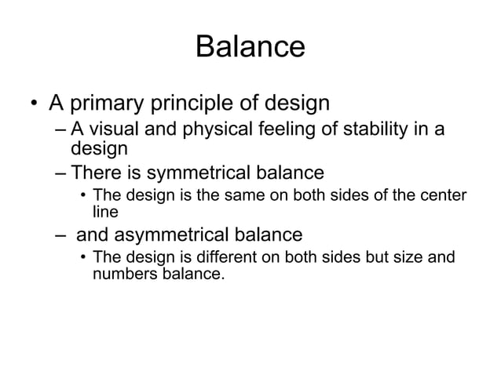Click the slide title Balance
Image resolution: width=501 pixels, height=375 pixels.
tap(250, 47)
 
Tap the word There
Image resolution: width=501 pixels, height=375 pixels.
tap(96, 171)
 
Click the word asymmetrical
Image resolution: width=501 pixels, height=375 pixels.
tap(168, 235)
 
